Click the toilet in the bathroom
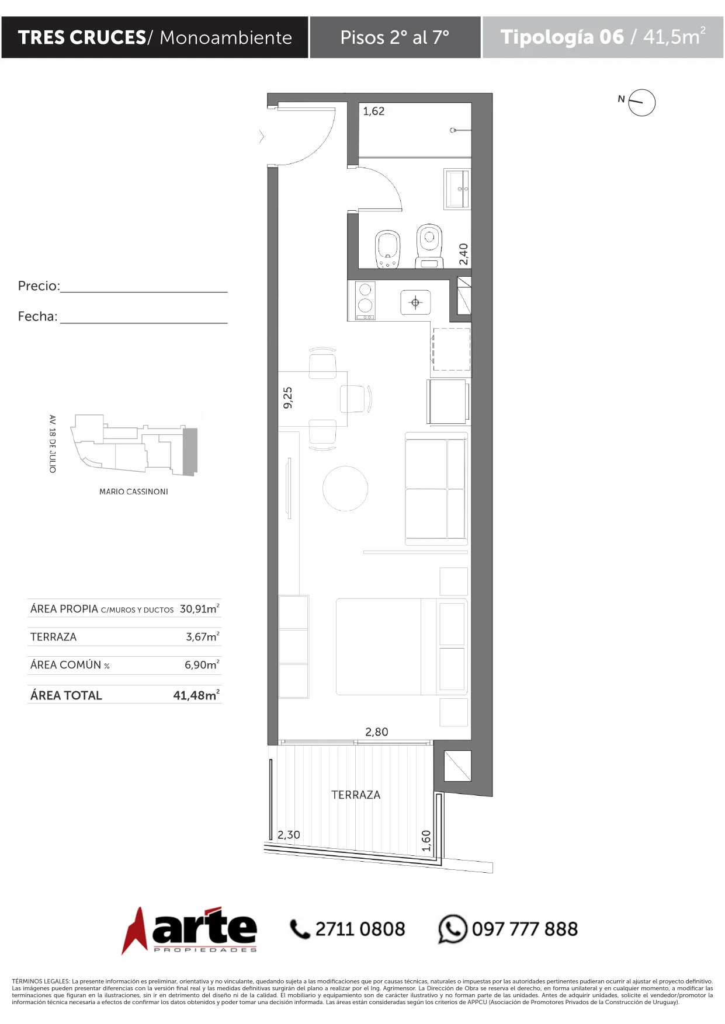tap(429, 245)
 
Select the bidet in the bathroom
tap(387, 249)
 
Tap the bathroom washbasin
tap(457, 189)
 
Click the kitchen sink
tap(415, 302)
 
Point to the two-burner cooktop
tap(366, 301)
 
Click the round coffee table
tap(345, 489)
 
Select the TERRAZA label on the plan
tap(356, 795)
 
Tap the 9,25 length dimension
tap(287, 398)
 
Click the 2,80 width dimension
tap(377, 732)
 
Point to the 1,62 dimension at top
tap(374, 111)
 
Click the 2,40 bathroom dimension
tap(463, 254)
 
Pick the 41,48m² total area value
tap(196, 695)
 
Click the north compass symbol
tap(641, 103)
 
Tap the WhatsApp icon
tap(453, 929)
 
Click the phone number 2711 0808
tap(360, 929)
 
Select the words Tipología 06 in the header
tap(562, 37)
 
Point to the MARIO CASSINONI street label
tap(134, 492)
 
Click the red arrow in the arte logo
tap(135, 931)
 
